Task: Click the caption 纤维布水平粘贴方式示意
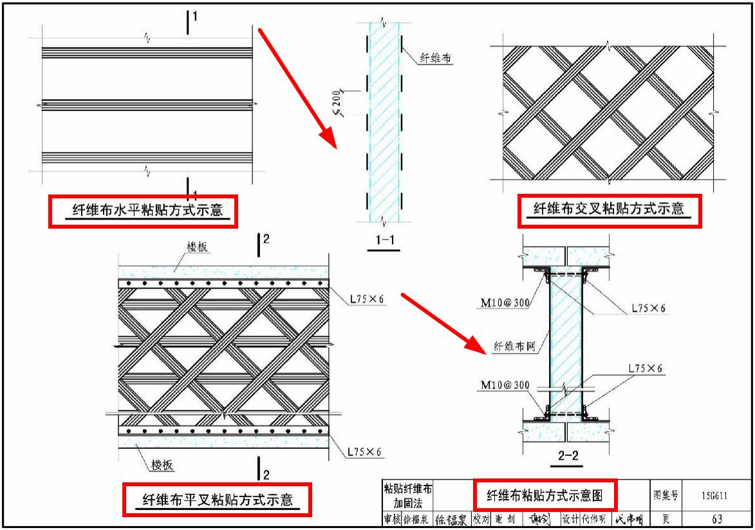pyautogui.click(x=143, y=211)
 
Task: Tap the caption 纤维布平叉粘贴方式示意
pyautogui.click(x=217, y=500)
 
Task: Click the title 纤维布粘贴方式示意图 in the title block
pyautogui.click(x=545, y=495)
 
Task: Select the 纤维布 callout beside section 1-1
pyautogui.click(x=436, y=59)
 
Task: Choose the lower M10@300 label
pyautogui.click(x=504, y=385)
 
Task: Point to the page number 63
pyautogui.click(x=716, y=519)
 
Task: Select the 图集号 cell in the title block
pyautogui.click(x=665, y=495)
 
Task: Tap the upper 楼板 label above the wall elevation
pyautogui.click(x=198, y=247)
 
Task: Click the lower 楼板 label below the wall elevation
pyautogui.click(x=163, y=465)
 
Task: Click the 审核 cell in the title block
pyautogui.click(x=392, y=519)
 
